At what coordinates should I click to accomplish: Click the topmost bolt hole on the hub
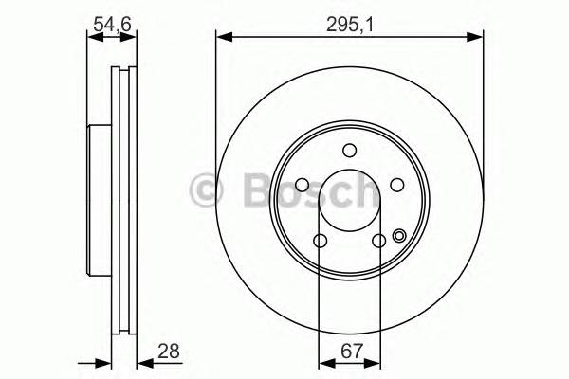pos(349,150)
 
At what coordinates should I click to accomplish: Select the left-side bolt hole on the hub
pos(301,186)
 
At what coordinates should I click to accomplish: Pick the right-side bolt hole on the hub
pos(397,186)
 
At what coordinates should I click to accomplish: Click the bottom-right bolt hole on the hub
pos(378,241)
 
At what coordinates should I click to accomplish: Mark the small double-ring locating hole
pos(399,236)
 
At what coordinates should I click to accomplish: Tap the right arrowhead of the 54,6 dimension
pos(131,38)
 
